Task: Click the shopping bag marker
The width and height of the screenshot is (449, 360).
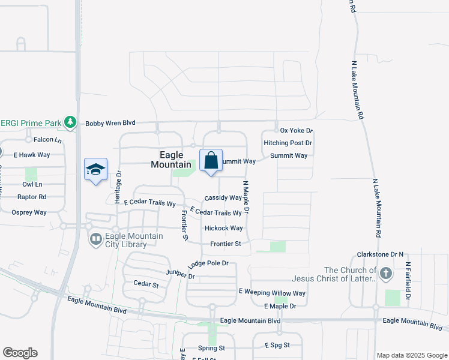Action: pos(211,161)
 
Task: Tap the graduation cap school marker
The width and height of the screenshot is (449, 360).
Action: pos(96,170)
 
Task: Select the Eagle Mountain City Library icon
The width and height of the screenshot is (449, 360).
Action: pos(95,240)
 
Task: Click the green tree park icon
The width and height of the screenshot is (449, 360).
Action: pos(70,122)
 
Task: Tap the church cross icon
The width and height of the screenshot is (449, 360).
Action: pos(385,274)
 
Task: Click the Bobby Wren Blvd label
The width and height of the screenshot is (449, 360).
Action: pos(110,123)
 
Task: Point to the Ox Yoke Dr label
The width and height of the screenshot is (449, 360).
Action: pos(297,130)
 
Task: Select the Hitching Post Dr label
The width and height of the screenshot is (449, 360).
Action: pos(288,143)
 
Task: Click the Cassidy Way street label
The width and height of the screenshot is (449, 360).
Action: pos(223,197)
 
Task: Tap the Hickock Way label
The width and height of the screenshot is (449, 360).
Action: pos(223,228)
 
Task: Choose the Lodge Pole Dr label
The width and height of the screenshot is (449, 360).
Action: pos(208,263)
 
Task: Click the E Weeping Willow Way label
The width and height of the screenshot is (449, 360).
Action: pos(272,293)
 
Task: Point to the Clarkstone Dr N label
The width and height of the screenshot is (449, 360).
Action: pos(380,254)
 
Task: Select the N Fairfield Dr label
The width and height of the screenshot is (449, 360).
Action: pos(407,280)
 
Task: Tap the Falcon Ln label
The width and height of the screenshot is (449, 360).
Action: pos(48,140)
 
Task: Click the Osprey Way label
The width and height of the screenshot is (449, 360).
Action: pos(29,212)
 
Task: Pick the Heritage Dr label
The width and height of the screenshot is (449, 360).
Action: pos(118,186)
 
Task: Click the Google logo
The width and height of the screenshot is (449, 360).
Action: pos(20,353)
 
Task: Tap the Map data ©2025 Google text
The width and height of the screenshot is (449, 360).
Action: pos(411,355)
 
